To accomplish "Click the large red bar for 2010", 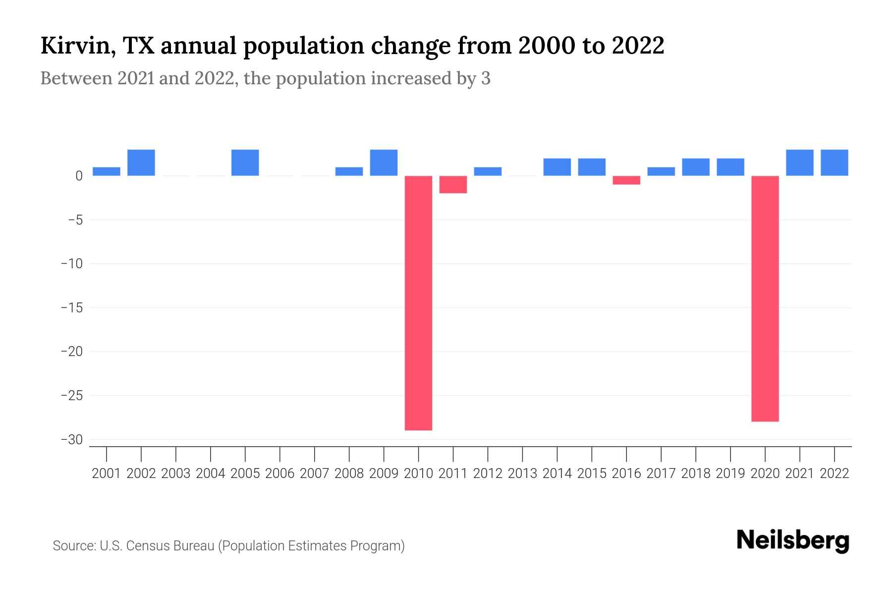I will (418, 302).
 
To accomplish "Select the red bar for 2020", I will (765, 298).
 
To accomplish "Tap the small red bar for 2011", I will (453, 184).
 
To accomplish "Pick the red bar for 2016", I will (626, 180).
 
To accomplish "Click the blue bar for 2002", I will (141, 163).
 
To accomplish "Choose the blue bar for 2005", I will (245, 163).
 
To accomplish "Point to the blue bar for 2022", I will (835, 163).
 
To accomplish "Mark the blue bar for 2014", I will (557, 167).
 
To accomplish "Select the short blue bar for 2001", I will (107, 172).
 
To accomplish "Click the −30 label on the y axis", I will (72, 440).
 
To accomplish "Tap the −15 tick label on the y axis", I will (72, 308).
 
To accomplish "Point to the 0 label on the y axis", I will (79, 176).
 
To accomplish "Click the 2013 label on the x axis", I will (522, 474).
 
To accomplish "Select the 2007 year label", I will (315, 474).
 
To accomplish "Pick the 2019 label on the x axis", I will (730, 474).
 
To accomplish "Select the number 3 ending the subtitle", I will (486, 78).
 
